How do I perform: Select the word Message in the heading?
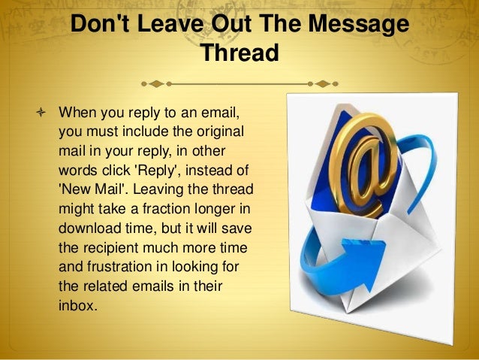[360, 26]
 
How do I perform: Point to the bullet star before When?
[40, 113]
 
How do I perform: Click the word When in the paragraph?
[77, 113]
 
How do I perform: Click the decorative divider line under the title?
[239, 80]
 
